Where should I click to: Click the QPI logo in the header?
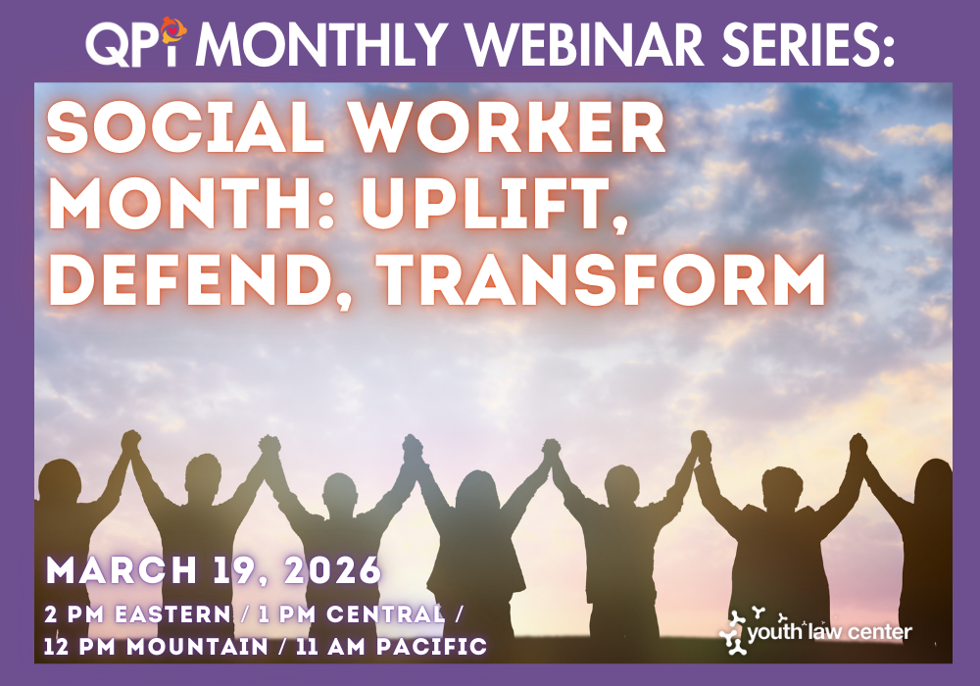(x=137, y=41)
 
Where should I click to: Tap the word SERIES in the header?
(x=807, y=44)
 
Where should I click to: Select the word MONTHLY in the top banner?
(x=325, y=44)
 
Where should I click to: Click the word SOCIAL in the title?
(x=186, y=127)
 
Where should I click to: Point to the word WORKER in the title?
(x=507, y=127)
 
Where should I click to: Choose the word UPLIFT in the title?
(x=493, y=204)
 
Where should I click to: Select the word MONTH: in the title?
(x=191, y=204)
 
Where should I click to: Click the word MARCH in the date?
(x=122, y=569)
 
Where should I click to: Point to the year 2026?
(x=332, y=569)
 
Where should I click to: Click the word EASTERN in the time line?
(x=173, y=614)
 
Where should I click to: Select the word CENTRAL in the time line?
(x=385, y=614)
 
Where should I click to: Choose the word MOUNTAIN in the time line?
(x=198, y=646)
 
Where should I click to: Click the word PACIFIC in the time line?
(x=432, y=646)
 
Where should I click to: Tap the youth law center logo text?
(x=829, y=632)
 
